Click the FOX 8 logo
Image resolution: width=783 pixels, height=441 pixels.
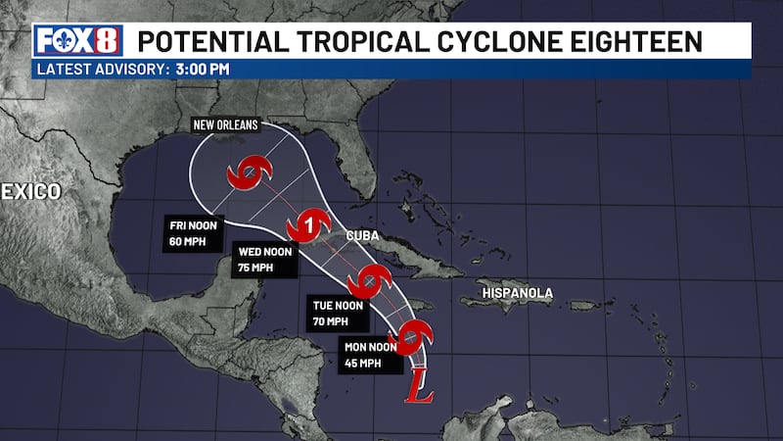pos(77,40)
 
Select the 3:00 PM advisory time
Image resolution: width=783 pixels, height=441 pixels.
pos(204,69)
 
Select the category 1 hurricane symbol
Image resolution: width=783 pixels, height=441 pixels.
pos(308,227)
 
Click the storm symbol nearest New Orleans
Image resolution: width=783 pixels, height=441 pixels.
pos(247,174)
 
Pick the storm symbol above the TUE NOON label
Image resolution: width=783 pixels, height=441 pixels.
pos(370,281)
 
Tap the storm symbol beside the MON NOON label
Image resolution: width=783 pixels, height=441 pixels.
pos(415,338)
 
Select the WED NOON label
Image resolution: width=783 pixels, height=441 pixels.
pos(266,253)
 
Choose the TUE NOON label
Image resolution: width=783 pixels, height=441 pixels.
pos(338,305)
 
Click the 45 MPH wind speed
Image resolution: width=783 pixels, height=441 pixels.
pos(361,363)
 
